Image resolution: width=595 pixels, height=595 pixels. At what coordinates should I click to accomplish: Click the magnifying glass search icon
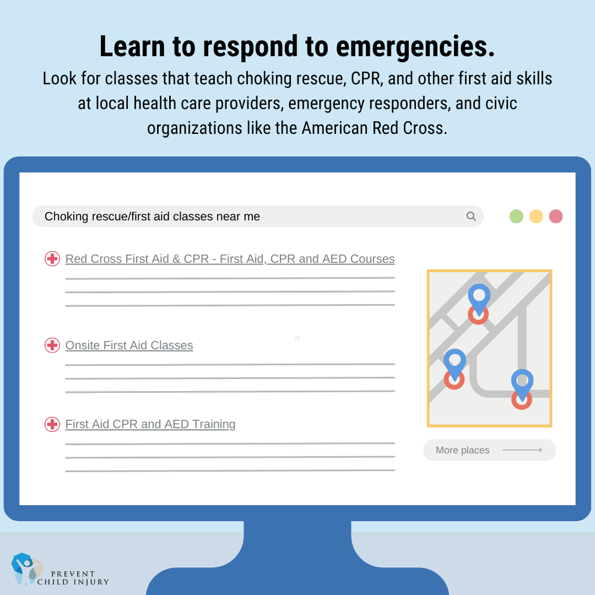click(x=471, y=217)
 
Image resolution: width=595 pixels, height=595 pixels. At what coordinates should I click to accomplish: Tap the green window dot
click(x=516, y=217)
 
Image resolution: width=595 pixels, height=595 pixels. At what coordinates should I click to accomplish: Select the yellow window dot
click(x=536, y=217)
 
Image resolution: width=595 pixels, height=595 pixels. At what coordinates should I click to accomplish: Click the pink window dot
click(x=556, y=217)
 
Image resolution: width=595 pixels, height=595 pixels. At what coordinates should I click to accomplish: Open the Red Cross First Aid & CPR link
click(x=230, y=259)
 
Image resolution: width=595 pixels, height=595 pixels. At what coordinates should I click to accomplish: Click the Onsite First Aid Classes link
click(x=129, y=345)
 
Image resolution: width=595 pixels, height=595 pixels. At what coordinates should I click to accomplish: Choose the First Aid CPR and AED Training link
click(x=150, y=424)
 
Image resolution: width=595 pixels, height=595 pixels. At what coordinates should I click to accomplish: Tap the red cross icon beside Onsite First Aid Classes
click(x=52, y=345)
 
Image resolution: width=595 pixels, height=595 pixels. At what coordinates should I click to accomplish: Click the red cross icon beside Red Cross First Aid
click(x=52, y=259)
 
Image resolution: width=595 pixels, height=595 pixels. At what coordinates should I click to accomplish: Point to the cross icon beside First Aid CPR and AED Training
click(x=52, y=424)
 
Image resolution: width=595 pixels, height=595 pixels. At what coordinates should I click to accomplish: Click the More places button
click(x=489, y=450)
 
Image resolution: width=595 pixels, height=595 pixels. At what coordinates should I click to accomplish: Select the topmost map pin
click(x=478, y=296)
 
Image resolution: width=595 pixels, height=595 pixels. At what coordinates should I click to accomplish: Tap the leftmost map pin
click(x=455, y=362)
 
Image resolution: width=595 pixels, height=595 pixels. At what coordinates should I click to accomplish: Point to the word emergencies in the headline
click(x=415, y=47)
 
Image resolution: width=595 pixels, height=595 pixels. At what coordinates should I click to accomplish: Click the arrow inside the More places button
click(x=522, y=450)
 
